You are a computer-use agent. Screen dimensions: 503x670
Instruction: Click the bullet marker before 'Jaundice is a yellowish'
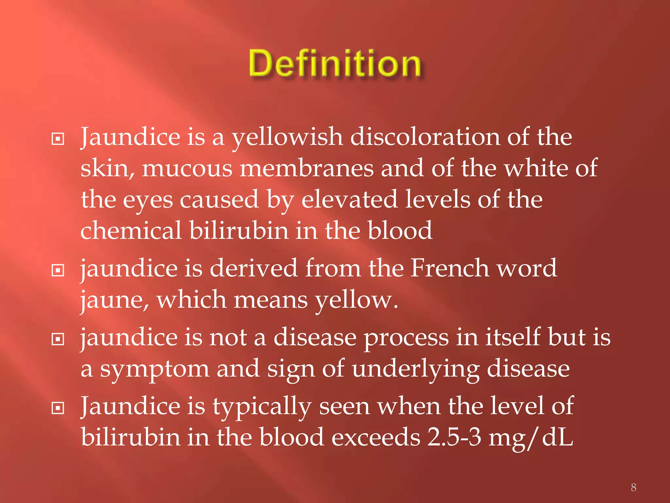(x=58, y=139)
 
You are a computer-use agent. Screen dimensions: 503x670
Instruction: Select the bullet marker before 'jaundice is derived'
(x=58, y=270)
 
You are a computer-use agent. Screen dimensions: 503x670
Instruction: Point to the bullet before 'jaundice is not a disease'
(x=58, y=339)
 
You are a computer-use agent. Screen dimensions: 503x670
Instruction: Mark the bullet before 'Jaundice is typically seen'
(x=58, y=408)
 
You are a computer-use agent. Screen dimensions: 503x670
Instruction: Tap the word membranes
(x=307, y=168)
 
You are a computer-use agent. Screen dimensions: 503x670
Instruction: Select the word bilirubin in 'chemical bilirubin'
(x=239, y=230)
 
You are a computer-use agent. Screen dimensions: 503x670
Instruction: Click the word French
(x=450, y=268)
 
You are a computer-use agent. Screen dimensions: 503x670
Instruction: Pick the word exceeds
(x=376, y=437)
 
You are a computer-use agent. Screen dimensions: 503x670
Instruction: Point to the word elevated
(x=349, y=199)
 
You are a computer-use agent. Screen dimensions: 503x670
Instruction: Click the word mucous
(x=187, y=168)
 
